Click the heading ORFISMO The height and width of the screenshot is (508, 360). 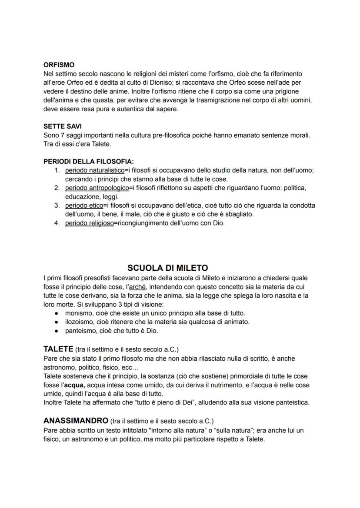pyautogui.click(x=59, y=65)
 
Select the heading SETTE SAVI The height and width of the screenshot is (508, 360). pyautogui.click(x=63, y=126)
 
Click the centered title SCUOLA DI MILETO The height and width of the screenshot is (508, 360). pyautogui.click(x=168, y=268)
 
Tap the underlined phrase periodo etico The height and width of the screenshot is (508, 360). pyautogui.click(x=84, y=205)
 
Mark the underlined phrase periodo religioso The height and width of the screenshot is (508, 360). pyautogui.click(x=89, y=223)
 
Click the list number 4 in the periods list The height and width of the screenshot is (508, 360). pyautogui.click(x=57, y=223)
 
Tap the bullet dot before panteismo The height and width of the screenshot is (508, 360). pyautogui.click(x=57, y=331)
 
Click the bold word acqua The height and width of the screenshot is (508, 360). pyautogui.click(x=74, y=385)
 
